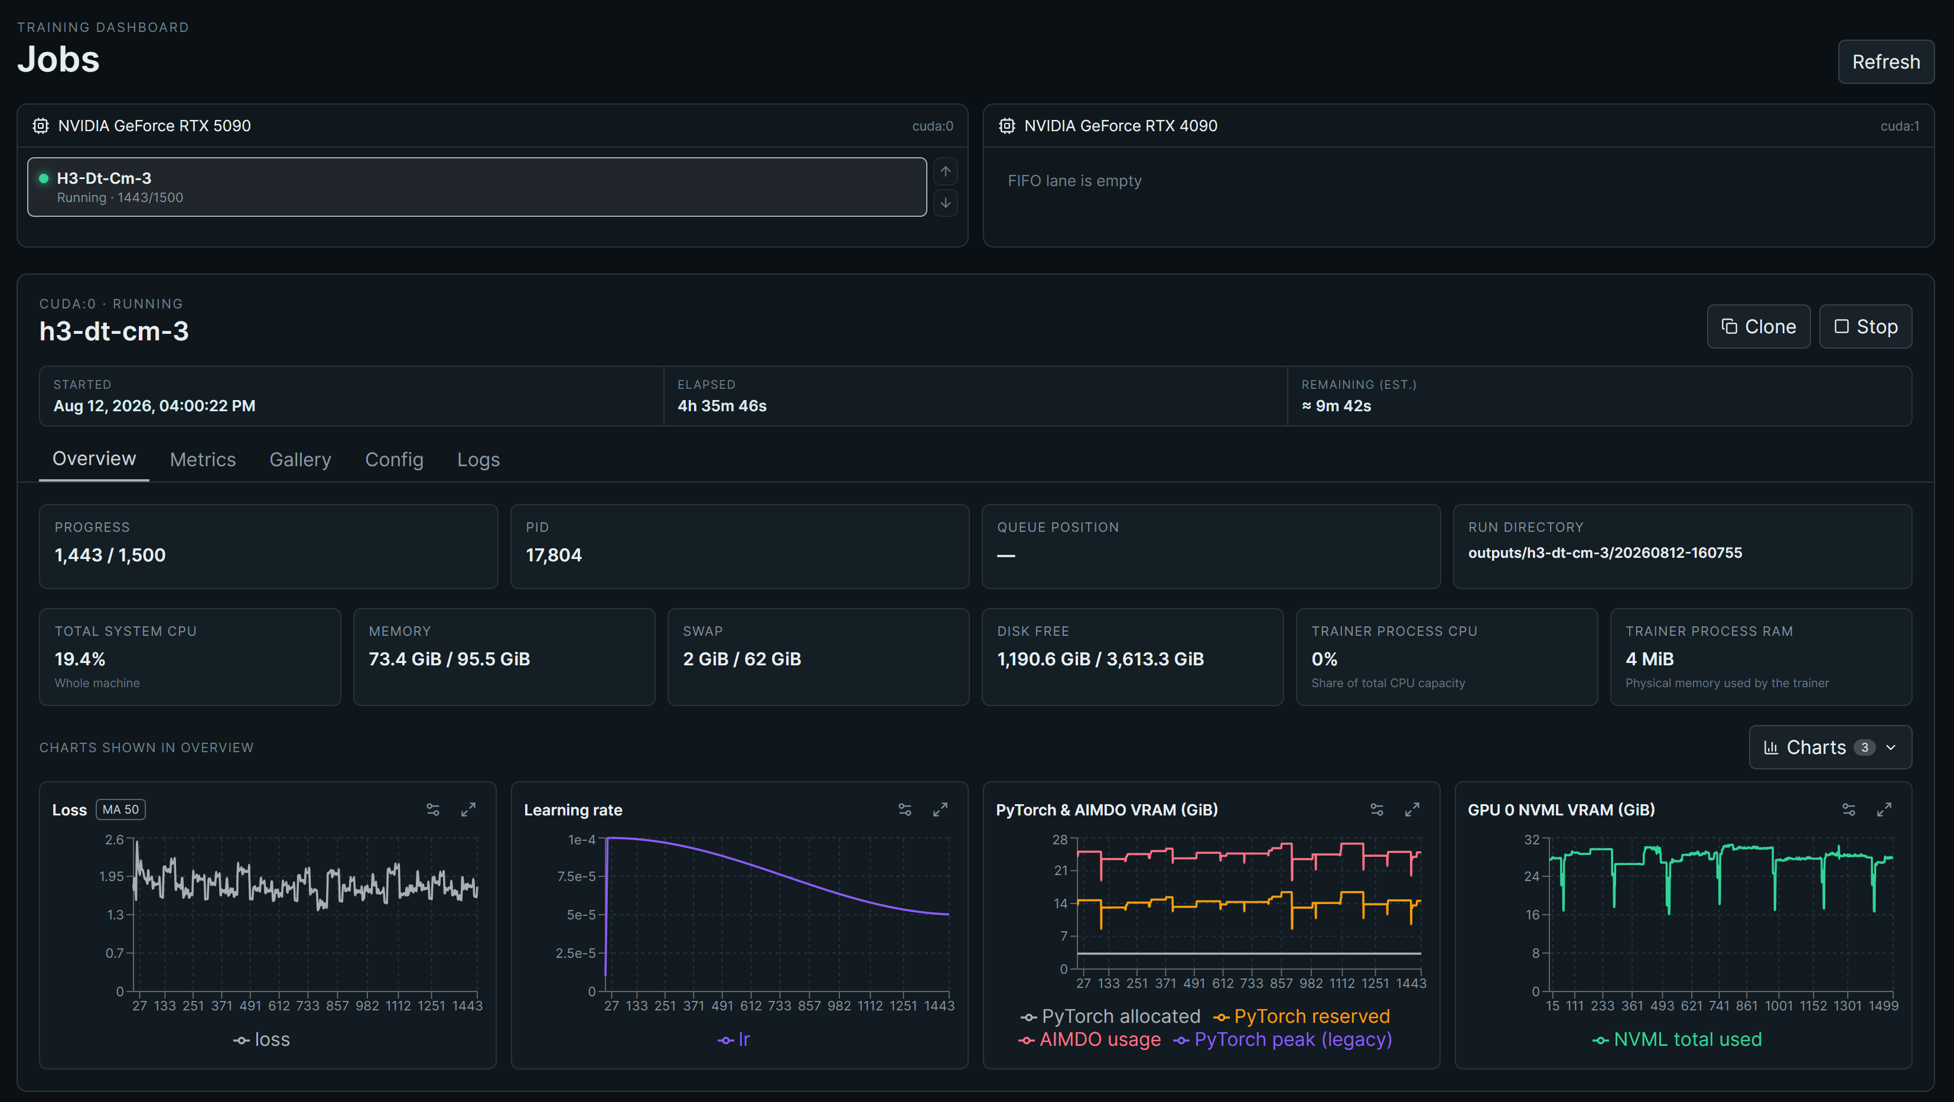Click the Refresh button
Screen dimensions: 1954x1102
click(x=1885, y=61)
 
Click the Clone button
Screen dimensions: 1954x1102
click(x=1758, y=326)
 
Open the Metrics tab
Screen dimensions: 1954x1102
click(x=203, y=459)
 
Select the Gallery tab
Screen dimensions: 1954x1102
click(x=301, y=459)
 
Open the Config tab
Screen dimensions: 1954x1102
click(x=395, y=459)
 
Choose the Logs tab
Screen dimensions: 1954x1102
click(x=478, y=459)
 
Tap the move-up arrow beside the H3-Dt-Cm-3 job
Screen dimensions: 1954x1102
click(x=945, y=171)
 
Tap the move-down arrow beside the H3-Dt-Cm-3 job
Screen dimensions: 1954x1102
click(x=945, y=203)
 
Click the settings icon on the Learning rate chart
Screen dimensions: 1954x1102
click(x=905, y=810)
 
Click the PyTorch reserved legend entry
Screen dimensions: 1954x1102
click(x=1302, y=1016)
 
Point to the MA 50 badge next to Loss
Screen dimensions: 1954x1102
click(x=121, y=810)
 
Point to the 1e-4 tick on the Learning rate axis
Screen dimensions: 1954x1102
click(x=581, y=840)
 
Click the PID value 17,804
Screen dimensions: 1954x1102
click(x=553, y=555)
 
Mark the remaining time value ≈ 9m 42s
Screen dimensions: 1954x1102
click(x=1337, y=406)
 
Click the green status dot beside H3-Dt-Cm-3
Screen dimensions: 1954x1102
click(x=43, y=178)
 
